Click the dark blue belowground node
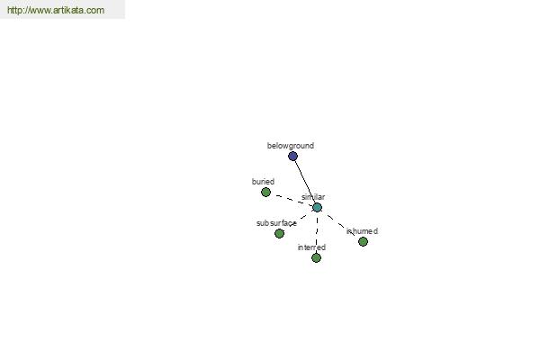(292, 157)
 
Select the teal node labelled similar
(317, 207)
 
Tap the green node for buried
(265, 193)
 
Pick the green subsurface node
(279, 234)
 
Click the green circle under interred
(316, 257)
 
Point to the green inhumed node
(363, 242)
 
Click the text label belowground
(291, 146)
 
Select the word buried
(263, 182)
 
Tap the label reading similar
(313, 197)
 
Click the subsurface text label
(276, 223)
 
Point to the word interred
(311, 247)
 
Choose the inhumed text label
(362, 231)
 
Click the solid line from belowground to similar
(305, 182)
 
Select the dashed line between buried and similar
(292, 200)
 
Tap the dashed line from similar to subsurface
(298, 220)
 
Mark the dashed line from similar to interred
(317, 232)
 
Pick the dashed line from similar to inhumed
(340, 225)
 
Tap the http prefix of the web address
(13, 10)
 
